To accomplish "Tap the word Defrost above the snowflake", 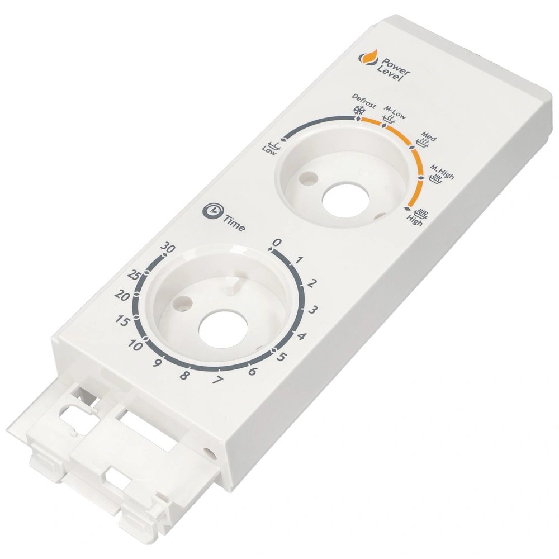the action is (x=364, y=101).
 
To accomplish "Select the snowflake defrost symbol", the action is (x=358, y=111).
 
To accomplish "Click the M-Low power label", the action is (x=395, y=112).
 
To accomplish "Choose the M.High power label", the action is (x=442, y=172).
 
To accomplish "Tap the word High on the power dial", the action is (x=414, y=221).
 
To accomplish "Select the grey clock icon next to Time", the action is (x=212, y=210).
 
